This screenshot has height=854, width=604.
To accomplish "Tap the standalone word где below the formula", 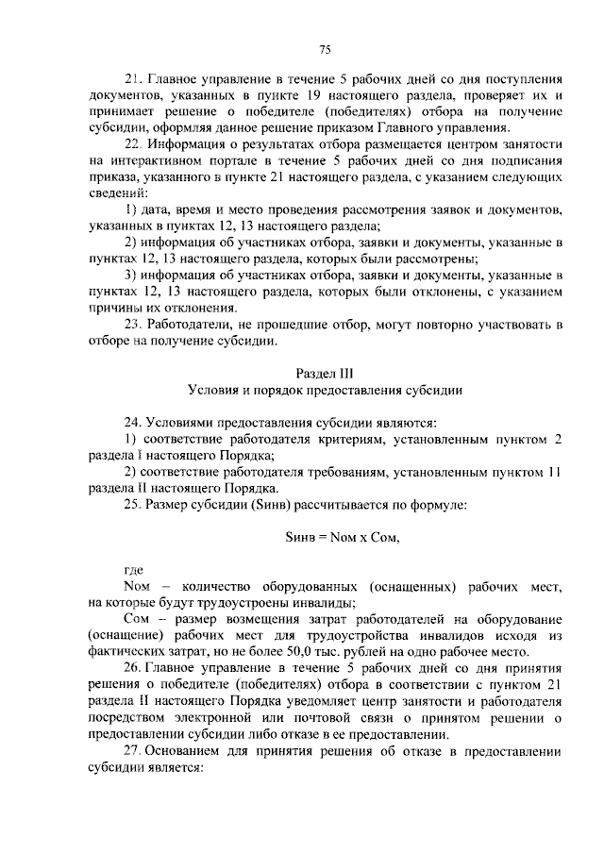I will coord(133,570).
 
